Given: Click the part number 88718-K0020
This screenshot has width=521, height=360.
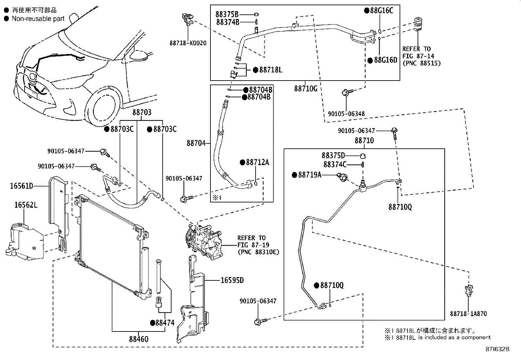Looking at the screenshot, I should (188, 43).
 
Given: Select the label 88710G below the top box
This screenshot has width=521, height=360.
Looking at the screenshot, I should (305, 88).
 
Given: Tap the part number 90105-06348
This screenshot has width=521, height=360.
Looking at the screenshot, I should (346, 114).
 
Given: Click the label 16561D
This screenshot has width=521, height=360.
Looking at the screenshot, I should (21, 186).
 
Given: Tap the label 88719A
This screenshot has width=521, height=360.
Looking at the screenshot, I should (309, 175).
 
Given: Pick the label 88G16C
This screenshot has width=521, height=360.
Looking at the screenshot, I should (381, 10).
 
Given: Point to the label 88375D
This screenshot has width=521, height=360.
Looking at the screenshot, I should (333, 155).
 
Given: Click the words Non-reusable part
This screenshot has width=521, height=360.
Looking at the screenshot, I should (38, 19).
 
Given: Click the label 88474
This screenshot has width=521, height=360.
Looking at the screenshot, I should (165, 323).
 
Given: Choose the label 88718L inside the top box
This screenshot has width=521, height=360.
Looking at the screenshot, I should (270, 70).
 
